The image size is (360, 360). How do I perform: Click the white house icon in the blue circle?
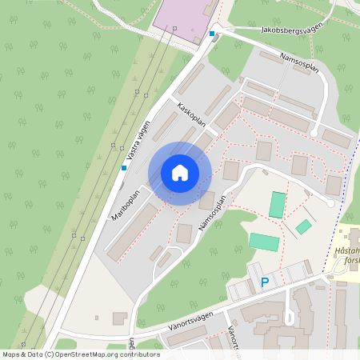(x=180, y=173)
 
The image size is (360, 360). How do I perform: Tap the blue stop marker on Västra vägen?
(x=124, y=168)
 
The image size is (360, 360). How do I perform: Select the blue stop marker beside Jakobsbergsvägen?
(x=212, y=34)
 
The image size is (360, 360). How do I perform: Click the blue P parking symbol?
(x=265, y=282)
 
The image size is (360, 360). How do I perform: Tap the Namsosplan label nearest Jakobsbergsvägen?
(x=300, y=62)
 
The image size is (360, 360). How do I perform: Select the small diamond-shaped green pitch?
(x=303, y=227)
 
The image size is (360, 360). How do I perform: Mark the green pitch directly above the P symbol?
(x=263, y=242)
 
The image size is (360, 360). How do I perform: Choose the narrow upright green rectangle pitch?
(x=277, y=205)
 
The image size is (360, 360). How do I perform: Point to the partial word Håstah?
(x=345, y=250)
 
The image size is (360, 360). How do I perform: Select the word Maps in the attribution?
(x=12, y=354)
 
